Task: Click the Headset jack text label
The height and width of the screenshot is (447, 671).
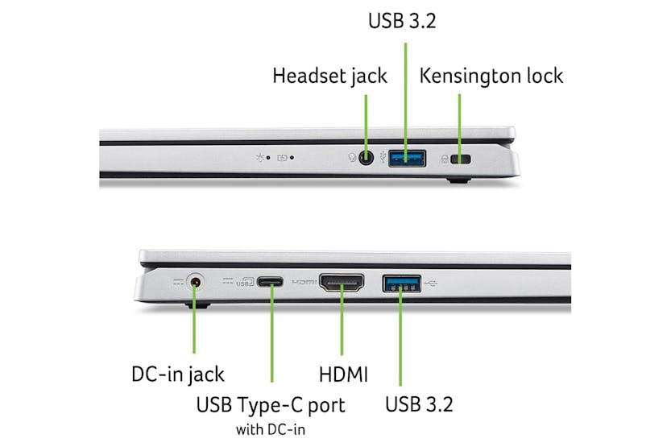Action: (x=329, y=77)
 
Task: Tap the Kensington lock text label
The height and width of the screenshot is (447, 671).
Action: (x=491, y=77)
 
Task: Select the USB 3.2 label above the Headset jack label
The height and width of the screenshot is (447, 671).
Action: (x=402, y=21)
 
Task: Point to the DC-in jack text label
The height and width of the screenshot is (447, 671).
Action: (x=178, y=374)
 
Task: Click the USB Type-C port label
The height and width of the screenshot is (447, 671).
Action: (x=271, y=405)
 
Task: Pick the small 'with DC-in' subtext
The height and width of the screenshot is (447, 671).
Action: (x=271, y=429)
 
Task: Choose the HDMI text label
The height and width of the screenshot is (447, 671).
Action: (x=343, y=374)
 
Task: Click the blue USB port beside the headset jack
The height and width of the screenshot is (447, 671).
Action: (x=407, y=159)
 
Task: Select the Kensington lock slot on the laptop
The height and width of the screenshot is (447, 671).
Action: (x=462, y=160)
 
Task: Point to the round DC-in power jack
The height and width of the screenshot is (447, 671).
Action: (x=194, y=283)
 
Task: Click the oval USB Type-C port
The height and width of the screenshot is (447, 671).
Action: (x=271, y=283)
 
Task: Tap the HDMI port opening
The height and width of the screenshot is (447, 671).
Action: (x=342, y=283)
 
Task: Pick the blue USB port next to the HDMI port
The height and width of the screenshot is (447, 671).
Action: (x=400, y=283)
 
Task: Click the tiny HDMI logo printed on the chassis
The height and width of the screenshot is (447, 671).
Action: (x=304, y=283)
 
